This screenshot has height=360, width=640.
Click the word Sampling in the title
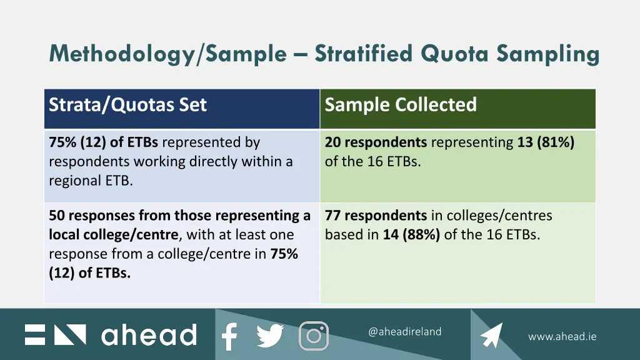click(x=548, y=54)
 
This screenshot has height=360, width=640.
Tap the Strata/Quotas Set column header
click(x=127, y=104)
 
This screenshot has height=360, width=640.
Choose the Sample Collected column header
click(x=401, y=104)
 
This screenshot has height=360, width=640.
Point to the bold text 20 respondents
click(x=376, y=142)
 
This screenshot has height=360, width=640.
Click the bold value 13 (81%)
click(x=546, y=142)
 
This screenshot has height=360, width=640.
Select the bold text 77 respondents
click(x=376, y=216)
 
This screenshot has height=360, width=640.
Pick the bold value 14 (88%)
click(x=412, y=235)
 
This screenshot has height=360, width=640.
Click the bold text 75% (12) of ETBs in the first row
click(x=103, y=142)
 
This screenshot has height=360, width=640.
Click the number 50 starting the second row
click(x=57, y=216)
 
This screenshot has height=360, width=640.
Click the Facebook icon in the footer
click(x=229, y=336)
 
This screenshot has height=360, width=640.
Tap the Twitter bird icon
click(x=270, y=336)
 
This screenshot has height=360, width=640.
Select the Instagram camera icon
click(x=314, y=336)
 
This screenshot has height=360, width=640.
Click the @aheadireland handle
click(x=404, y=332)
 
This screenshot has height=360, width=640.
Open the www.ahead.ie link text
click(x=562, y=336)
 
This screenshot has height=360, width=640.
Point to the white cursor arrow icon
click(x=492, y=336)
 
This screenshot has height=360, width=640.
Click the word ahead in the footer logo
click(x=149, y=335)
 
